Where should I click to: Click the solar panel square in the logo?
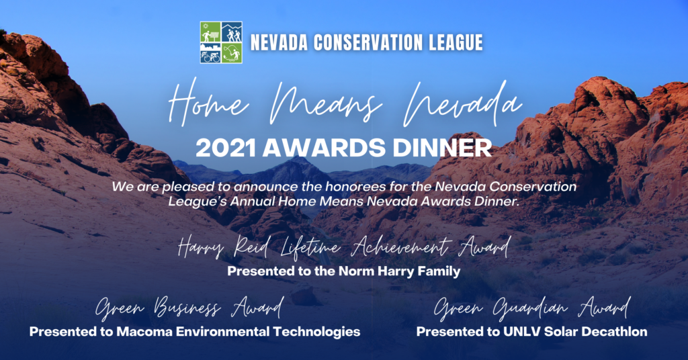point(210,32)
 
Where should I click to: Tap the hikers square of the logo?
point(232,32)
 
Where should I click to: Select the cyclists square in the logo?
point(210,53)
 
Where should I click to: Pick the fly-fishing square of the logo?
point(232,53)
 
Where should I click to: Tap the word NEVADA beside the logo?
point(277,43)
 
